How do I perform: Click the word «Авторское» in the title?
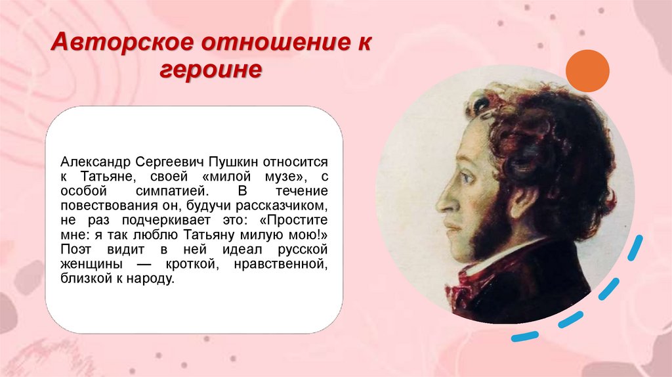[x=111, y=45]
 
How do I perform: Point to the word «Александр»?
[x=97, y=161]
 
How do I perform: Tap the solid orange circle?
[x=587, y=72]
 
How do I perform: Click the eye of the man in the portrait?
[x=467, y=177]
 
